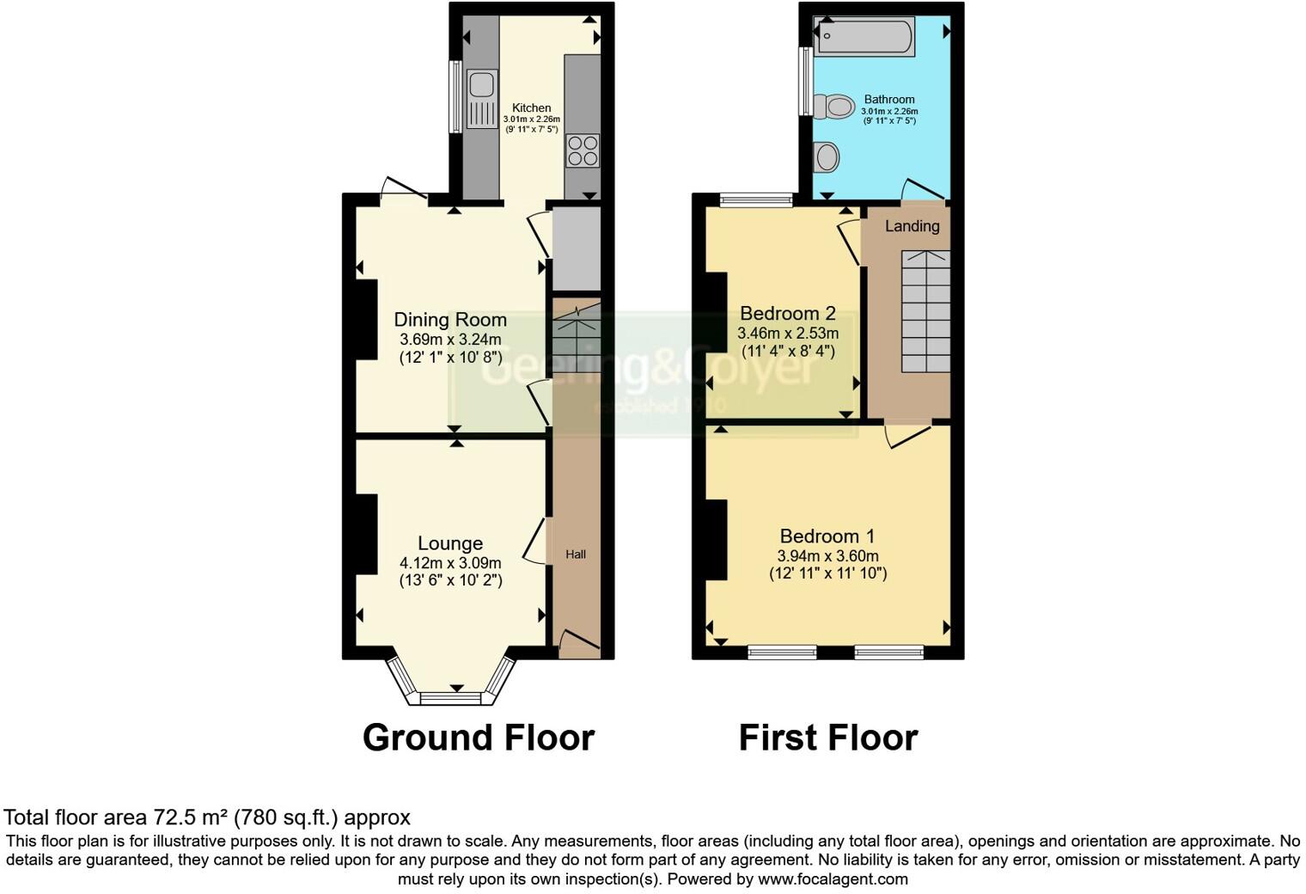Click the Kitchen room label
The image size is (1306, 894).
531,107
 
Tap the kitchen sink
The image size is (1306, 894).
480,87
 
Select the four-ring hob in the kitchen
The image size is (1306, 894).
583,150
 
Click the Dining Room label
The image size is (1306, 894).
450,320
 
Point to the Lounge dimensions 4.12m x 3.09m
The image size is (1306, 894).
450,563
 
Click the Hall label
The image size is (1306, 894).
576,554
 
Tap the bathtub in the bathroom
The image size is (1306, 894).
864,37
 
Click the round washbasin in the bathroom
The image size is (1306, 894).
827,157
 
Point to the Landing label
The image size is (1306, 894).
912,226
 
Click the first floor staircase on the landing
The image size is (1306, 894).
925,311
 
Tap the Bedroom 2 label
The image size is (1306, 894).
788,313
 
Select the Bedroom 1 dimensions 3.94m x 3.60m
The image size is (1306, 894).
827,556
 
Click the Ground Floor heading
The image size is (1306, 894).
479,738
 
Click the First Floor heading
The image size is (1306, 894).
828,738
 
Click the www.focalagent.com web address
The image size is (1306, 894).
833,879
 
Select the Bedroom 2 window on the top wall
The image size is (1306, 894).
756,201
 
